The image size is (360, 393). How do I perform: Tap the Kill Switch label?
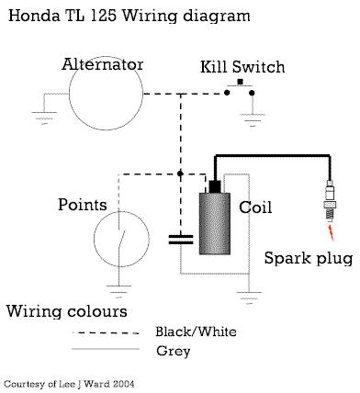tap(242, 67)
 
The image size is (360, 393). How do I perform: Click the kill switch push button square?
tap(241, 82)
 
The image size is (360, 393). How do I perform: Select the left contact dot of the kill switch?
tap(227, 93)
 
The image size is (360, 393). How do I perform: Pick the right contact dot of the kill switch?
tap(252, 93)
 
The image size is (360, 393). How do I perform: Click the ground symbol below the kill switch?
tap(253, 120)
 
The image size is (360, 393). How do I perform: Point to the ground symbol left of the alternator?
tap(44, 118)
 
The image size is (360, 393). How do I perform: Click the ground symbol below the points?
tap(118, 292)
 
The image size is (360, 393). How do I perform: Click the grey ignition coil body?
tap(215, 224)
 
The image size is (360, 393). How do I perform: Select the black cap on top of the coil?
tap(215, 186)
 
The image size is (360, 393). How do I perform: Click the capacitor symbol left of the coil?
tap(181, 240)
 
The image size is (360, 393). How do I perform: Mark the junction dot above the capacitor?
tap(180, 174)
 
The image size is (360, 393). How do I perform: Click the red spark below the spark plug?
tap(331, 232)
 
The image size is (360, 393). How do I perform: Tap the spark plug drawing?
tap(330, 200)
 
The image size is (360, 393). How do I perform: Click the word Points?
tap(83, 205)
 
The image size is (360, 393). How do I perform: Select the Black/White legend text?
tap(196, 331)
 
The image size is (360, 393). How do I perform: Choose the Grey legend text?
tap(174, 351)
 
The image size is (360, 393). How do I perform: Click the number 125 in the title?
tap(104, 16)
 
